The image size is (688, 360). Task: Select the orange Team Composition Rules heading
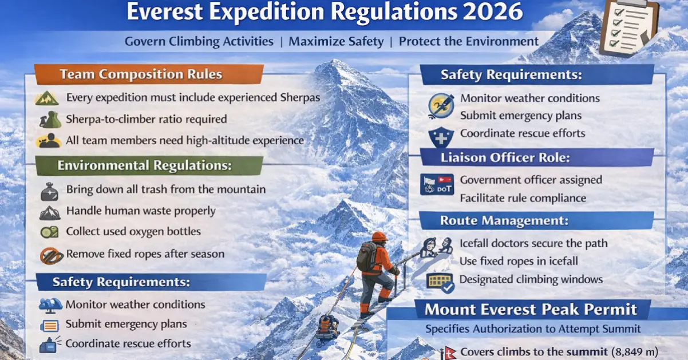141,74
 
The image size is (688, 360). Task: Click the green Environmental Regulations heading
145,166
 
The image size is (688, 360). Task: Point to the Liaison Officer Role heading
505,157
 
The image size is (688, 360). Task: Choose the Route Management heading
504,220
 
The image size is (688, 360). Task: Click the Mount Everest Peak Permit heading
531,310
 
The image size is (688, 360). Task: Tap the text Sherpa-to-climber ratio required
147,120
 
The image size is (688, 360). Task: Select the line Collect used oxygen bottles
133,232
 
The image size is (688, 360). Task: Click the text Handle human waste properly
141,211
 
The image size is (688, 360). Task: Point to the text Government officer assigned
531,180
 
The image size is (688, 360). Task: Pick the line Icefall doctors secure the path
533,243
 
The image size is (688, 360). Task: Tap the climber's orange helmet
379,236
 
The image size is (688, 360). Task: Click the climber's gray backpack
366,257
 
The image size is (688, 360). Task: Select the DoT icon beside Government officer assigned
437,184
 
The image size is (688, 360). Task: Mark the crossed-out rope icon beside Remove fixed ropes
52,255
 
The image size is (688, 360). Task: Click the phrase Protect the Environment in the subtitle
469,41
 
